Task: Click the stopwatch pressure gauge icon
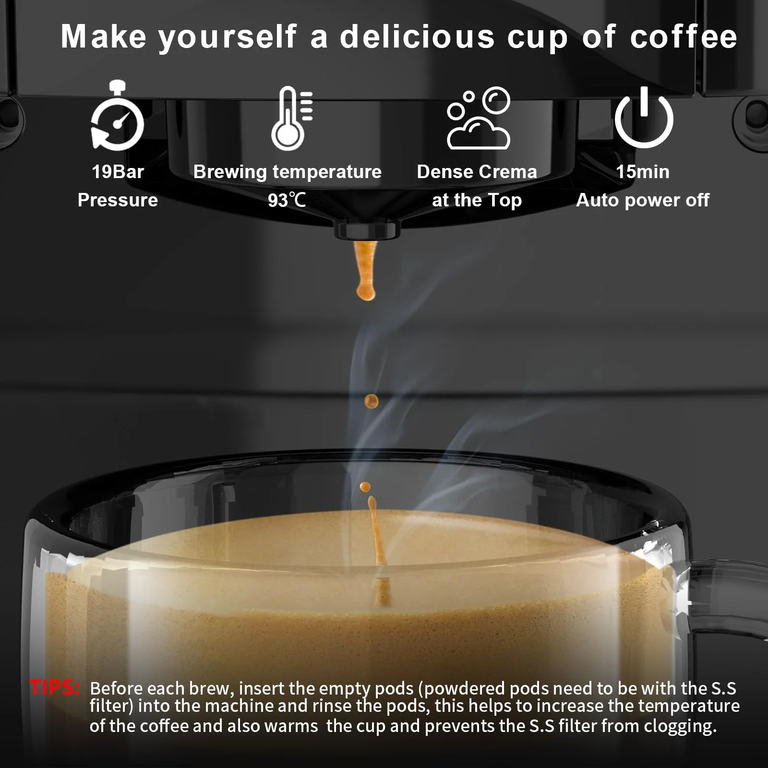(118, 116)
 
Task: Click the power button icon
(644, 118)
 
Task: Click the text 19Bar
(118, 172)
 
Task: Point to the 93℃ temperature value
(287, 200)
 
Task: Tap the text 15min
(642, 172)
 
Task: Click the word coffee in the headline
(683, 37)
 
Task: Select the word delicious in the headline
(417, 37)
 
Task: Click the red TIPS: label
(55, 688)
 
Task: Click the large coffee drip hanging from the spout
(366, 271)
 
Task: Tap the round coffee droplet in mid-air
(371, 401)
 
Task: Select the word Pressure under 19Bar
(118, 200)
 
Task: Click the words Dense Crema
(477, 172)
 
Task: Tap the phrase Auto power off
(642, 200)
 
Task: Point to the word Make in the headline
(103, 37)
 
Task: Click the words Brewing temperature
(287, 172)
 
